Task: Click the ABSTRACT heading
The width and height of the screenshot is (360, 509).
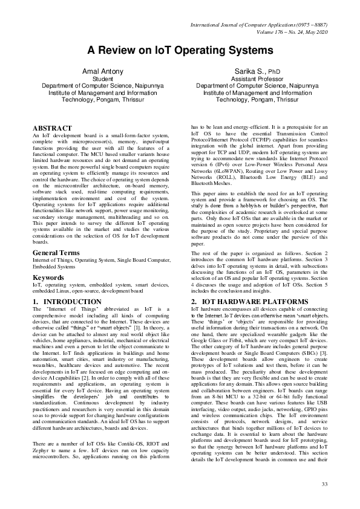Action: tap(52, 129)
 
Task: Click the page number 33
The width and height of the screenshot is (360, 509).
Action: tap(324, 484)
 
